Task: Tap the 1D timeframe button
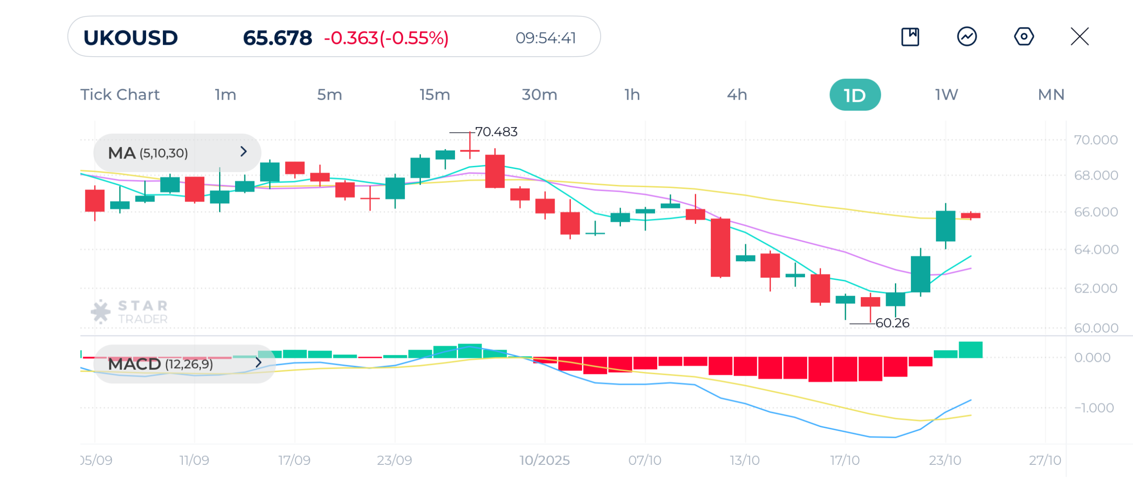[x=855, y=95]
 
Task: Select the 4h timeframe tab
[x=737, y=95]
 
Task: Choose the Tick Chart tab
[x=120, y=95]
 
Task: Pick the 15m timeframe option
[x=435, y=95]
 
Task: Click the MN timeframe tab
[x=1051, y=95]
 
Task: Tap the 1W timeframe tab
[x=946, y=95]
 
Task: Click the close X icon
[x=1079, y=37]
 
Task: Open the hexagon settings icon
[x=1024, y=37]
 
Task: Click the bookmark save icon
[x=910, y=37]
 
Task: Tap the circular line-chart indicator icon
[x=967, y=37]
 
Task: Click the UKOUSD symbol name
[x=131, y=38]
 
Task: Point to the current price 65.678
[x=277, y=38]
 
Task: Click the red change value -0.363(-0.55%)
[x=386, y=38]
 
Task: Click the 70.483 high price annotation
[x=496, y=132]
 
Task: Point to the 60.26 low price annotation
[x=892, y=323]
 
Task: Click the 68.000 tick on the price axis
[x=1096, y=176]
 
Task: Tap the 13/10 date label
[x=745, y=460]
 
